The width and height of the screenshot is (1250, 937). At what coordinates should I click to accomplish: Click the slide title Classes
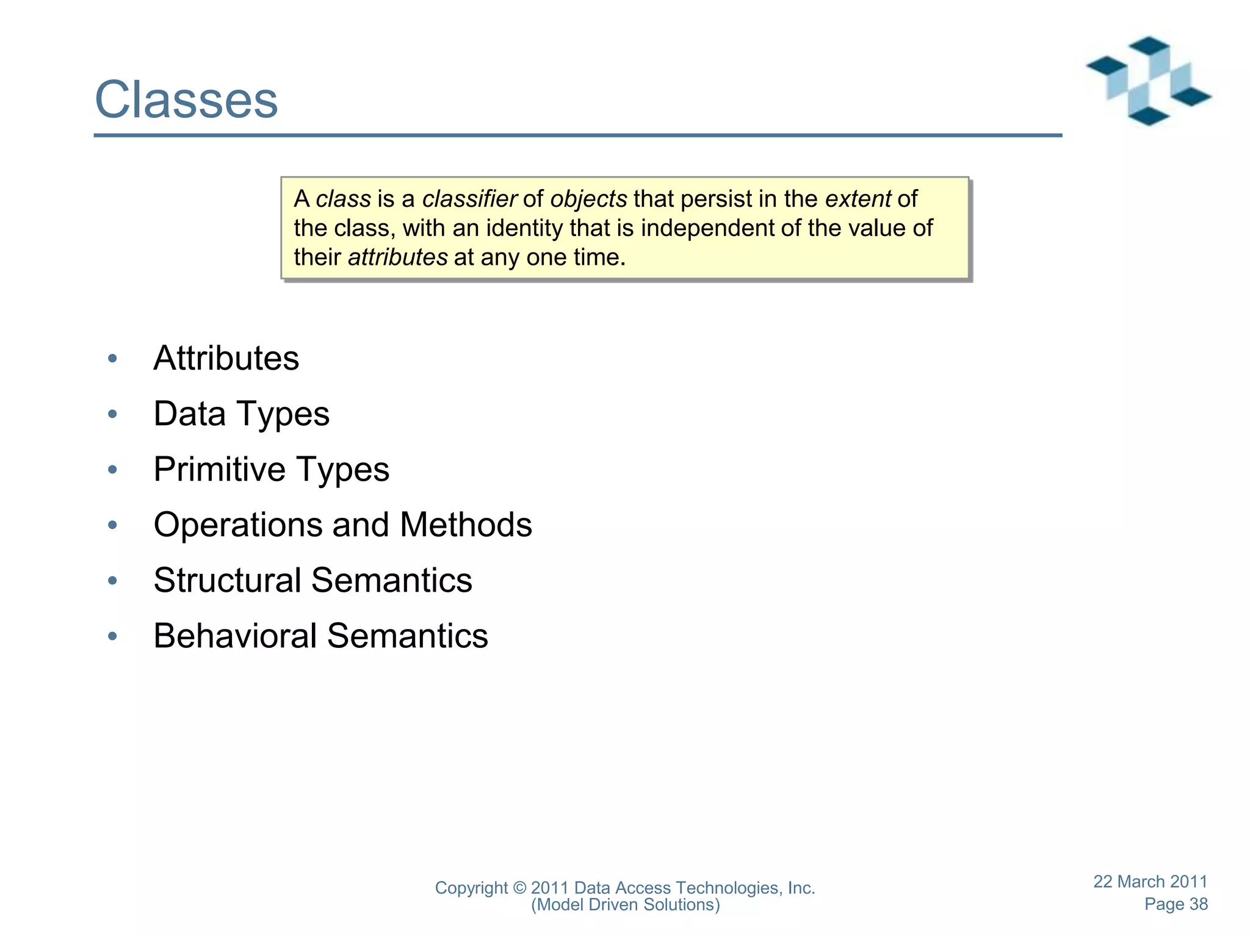click(x=186, y=100)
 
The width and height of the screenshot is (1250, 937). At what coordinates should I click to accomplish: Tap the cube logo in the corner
click(x=1148, y=81)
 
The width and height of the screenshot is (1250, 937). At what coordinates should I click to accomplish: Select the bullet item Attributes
click(x=226, y=358)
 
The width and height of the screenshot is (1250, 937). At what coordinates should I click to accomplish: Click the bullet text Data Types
click(x=241, y=414)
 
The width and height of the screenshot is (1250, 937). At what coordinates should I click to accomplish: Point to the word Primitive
click(x=219, y=470)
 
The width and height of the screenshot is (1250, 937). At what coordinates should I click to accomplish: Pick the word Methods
click(x=466, y=525)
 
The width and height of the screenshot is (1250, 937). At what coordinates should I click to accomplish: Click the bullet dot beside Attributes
click(x=112, y=359)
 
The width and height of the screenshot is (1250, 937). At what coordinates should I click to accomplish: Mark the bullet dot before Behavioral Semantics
click(x=112, y=637)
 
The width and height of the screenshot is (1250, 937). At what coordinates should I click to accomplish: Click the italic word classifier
click(x=469, y=199)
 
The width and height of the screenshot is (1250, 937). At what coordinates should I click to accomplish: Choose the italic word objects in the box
click(x=588, y=199)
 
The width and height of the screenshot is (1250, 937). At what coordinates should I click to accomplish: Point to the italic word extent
click(x=858, y=199)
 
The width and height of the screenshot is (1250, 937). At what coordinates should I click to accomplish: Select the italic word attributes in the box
click(x=397, y=257)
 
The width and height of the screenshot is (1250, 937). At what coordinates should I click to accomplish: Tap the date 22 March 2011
click(x=1150, y=881)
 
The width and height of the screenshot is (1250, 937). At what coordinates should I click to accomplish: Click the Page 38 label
click(x=1176, y=904)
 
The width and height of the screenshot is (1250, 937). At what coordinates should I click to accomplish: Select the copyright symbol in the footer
click(x=519, y=888)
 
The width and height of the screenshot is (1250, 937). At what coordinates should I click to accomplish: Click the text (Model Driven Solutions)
click(x=625, y=905)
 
